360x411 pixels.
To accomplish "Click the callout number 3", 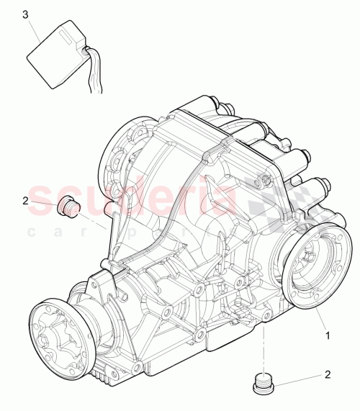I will [x=27, y=14].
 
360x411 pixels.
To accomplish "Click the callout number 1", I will [x=328, y=335].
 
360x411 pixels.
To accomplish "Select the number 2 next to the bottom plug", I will [x=328, y=374].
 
